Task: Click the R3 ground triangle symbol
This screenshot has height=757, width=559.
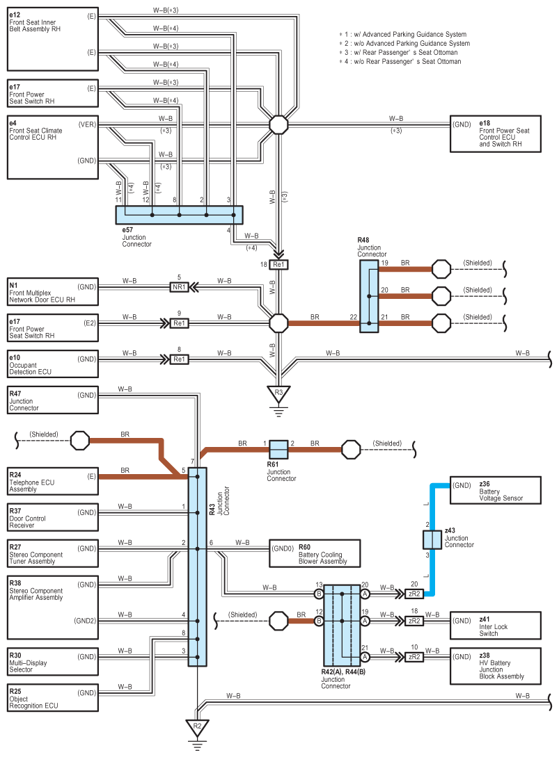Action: pyautogui.click(x=278, y=393)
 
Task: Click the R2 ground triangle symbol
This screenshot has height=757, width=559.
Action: pyautogui.click(x=197, y=727)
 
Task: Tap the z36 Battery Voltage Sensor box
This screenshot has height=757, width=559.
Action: pyautogui.click(x=495, y=490)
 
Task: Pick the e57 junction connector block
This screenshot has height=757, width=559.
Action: pyautogui.click(x=179, y=215)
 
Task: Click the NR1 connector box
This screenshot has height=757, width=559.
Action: pyautogui.click(x=179, y=286)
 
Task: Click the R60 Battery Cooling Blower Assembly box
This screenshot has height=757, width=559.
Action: pyautogui.click(x=314, y=553)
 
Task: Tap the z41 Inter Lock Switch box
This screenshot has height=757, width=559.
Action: pyautogui.click(x=495, y=625)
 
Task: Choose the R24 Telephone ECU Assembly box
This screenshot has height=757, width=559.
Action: pyautogui.click(x=52, y=480)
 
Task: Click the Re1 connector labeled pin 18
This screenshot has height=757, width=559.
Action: pyautogui.click(x=278, y=265)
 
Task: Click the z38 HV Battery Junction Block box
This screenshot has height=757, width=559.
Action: pyautogui.click(x=495, y=666)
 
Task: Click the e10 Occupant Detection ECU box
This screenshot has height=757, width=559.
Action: pyautogui.click(x=52, y=364)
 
